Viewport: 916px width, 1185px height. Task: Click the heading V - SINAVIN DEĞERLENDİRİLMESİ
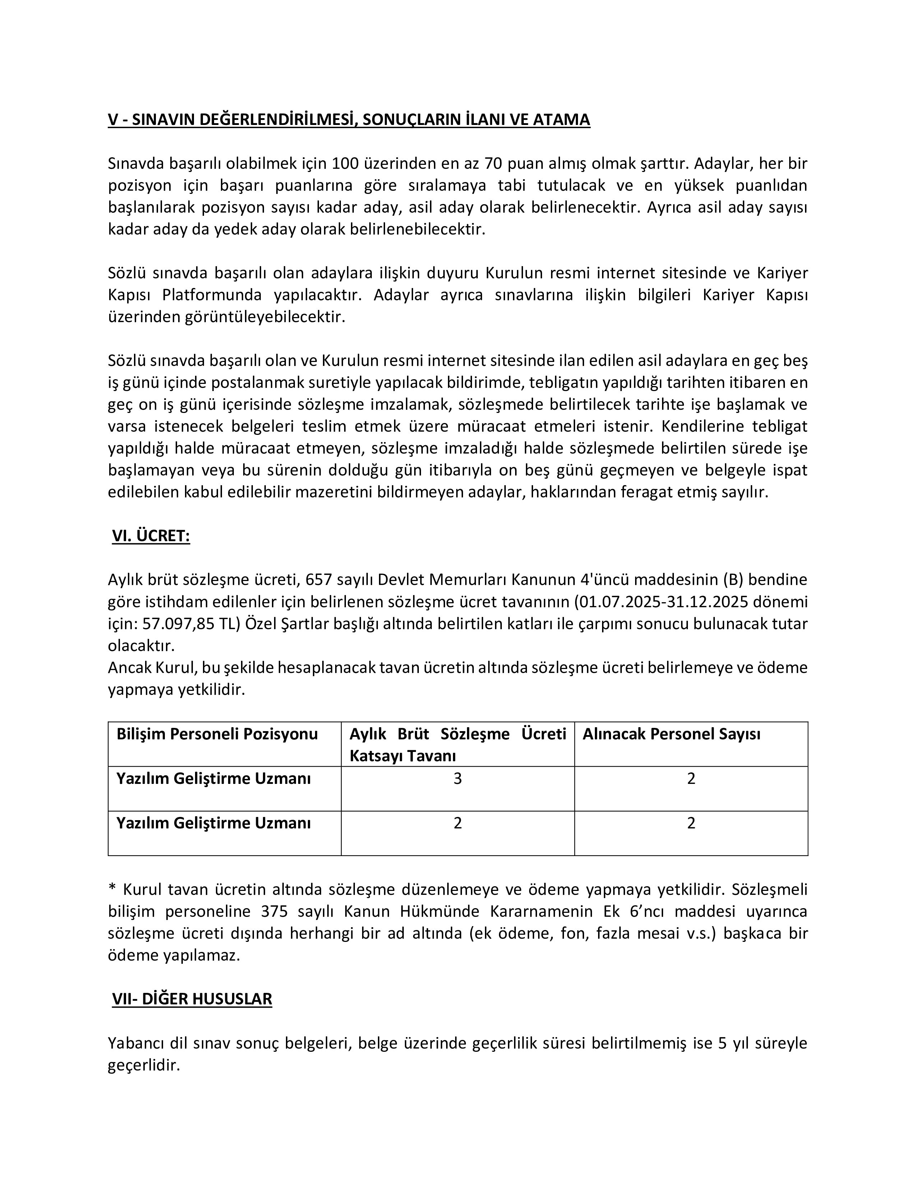point(348,119)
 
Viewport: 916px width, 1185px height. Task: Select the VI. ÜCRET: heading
point(151,536)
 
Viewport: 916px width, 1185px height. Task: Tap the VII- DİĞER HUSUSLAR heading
point(192,999)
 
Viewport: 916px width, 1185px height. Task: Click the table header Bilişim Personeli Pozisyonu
point(217,734)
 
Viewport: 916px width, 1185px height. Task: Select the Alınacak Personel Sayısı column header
point(671,734)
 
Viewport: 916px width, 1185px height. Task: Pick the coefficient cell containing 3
point(457,779)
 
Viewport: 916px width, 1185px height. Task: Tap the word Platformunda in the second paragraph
point(212,295)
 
